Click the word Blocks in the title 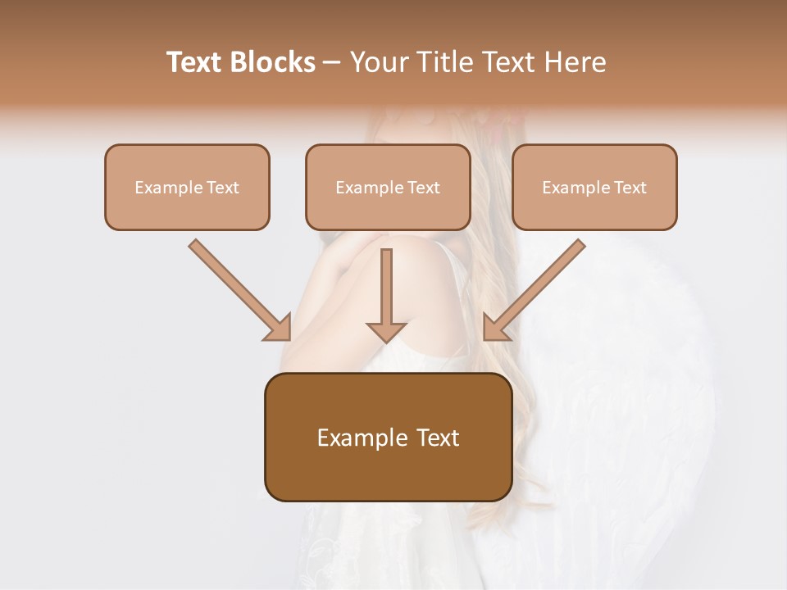274,61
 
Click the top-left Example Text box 187,187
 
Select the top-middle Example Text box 388,187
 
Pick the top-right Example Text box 594,187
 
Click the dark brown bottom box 388,437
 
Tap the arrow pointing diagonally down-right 239,289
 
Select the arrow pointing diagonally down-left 535,289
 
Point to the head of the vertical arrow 386,330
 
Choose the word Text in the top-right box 630,188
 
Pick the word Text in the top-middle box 423,188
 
